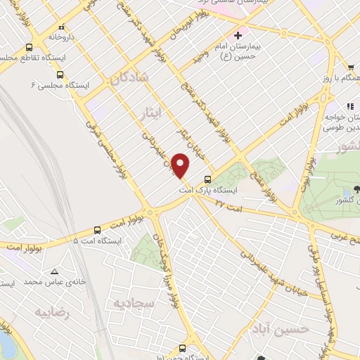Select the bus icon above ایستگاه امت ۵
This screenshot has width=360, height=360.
click(x=97, y=229)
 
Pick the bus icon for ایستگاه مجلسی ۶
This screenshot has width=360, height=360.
click(x=60, y=74)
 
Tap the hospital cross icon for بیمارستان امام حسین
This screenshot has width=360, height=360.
click(x=238, y=34)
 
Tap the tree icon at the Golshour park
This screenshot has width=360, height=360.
click(x=356, y=188)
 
